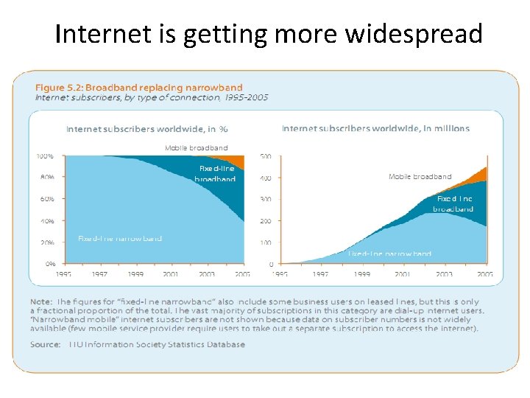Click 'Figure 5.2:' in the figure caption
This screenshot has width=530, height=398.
(x=61, y=88)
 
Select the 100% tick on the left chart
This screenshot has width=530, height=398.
(x=46, y=156)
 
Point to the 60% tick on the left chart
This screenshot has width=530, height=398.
(x=47, y=199)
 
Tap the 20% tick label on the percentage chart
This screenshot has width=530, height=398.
(x=47, y=242)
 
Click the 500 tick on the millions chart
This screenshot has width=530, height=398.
(x=266, y=156)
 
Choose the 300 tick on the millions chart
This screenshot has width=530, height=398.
(x=266, y=199)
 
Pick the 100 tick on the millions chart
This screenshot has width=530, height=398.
(x=266, y=242)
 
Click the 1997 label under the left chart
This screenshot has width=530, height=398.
(x=100, y=274)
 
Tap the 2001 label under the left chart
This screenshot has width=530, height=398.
(x=171, y=274)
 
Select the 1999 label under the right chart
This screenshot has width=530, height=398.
(x=361, y=274)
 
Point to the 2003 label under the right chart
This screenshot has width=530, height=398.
(x=443, y=274)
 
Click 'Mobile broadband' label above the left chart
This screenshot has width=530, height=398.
(x=196, y=148)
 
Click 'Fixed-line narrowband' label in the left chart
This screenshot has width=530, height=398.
(x=120, y=238)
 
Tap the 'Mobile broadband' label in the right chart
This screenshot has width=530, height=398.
(x=420, y=176)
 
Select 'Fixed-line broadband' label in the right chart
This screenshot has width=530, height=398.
(x=453, y=203)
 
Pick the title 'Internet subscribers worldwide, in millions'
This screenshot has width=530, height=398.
(x=375, y=128)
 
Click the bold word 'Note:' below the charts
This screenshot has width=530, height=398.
(x=41, y=302)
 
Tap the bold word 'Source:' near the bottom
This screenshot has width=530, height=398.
(x=46, y=344)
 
